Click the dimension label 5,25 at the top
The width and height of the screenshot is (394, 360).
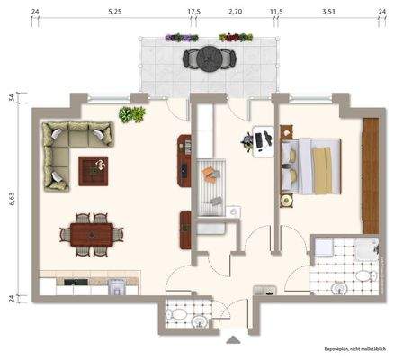coord(113,13)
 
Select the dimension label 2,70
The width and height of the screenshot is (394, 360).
coord(235,13)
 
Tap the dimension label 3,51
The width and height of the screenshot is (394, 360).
coord(327,13)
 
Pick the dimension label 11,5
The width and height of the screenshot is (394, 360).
coord(276,13)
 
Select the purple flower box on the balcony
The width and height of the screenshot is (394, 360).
coord(182,38)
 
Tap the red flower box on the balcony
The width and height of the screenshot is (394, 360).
coord(236,38)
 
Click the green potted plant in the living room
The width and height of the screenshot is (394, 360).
coord(132,114)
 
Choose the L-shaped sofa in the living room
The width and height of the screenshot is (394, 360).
coord(67,148)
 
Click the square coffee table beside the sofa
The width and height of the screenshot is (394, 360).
coord(93,168)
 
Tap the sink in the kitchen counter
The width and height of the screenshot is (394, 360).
coord(115,287)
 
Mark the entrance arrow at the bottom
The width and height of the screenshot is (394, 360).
coord(235,340)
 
